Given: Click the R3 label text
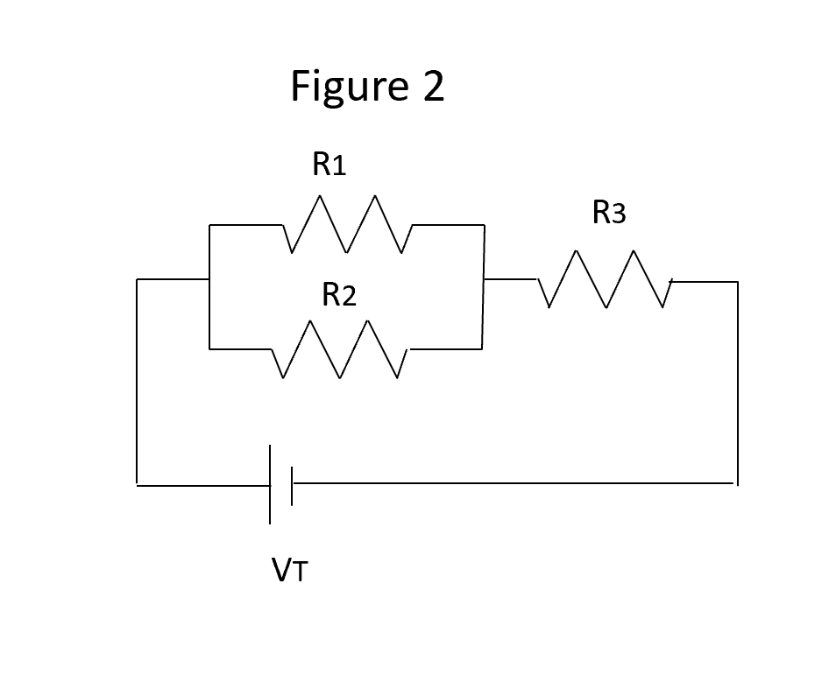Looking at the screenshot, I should [x=609, y=213].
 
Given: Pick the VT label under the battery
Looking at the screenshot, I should [x=290, y=572].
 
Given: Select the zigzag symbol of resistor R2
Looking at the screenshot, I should [x=340, y=349].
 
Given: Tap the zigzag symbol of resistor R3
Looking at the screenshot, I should [x=605, y=280].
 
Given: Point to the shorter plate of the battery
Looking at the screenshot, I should [x=292, y=483].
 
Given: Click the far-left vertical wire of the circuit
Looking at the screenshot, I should [x=137, y=381].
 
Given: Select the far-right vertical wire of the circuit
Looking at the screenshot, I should [x=737, y=381].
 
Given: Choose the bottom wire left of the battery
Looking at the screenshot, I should [x=202, y=483].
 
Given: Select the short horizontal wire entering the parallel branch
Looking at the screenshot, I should [x=173, y=280].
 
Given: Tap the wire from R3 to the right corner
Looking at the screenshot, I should [x=705, y=282].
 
